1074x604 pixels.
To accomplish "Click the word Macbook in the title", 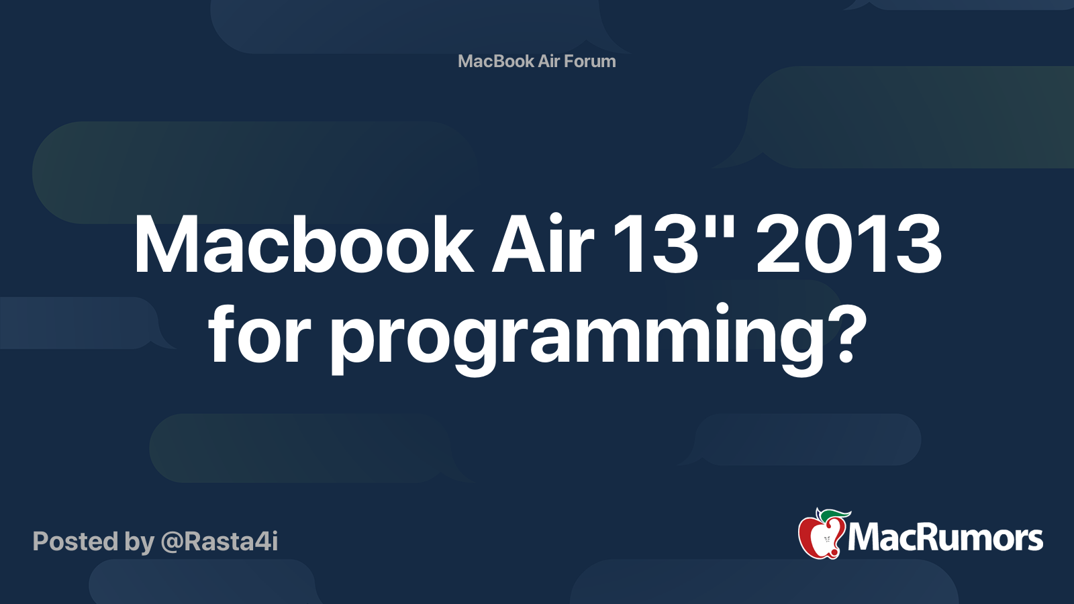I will [x=303, y=245].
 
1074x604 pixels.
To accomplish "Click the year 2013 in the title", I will [x=849, y=245].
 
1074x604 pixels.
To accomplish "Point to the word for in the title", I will [x=259, y=336].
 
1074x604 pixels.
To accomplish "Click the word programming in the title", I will [x=577, y=339].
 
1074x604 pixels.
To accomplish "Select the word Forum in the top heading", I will [x=589, y=61].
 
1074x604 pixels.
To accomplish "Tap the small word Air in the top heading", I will [x=548, y=61].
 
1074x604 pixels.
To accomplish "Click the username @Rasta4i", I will [x=219, y=542].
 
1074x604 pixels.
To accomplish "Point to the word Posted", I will [x=75, y=542].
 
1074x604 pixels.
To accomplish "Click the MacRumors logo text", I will [x=945, y=538].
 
